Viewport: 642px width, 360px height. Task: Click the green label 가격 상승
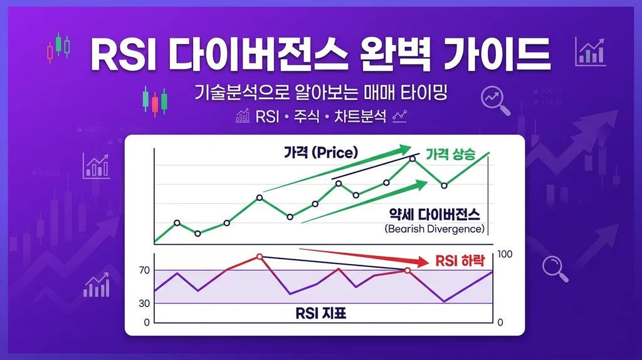tap(450, 153)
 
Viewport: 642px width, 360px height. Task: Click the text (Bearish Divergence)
tap(434, 229)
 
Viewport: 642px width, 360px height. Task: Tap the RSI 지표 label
tap(321, 312)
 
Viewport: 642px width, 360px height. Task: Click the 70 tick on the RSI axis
tap(144, 270)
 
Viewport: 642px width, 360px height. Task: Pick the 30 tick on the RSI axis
tap(144, 304)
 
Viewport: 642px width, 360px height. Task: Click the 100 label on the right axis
tap(504, 254)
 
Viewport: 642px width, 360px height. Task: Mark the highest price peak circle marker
tap(413, 158)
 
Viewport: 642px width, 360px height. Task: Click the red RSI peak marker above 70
tap(260, 257)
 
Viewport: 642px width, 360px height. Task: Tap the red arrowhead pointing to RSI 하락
tap(421, 260)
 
